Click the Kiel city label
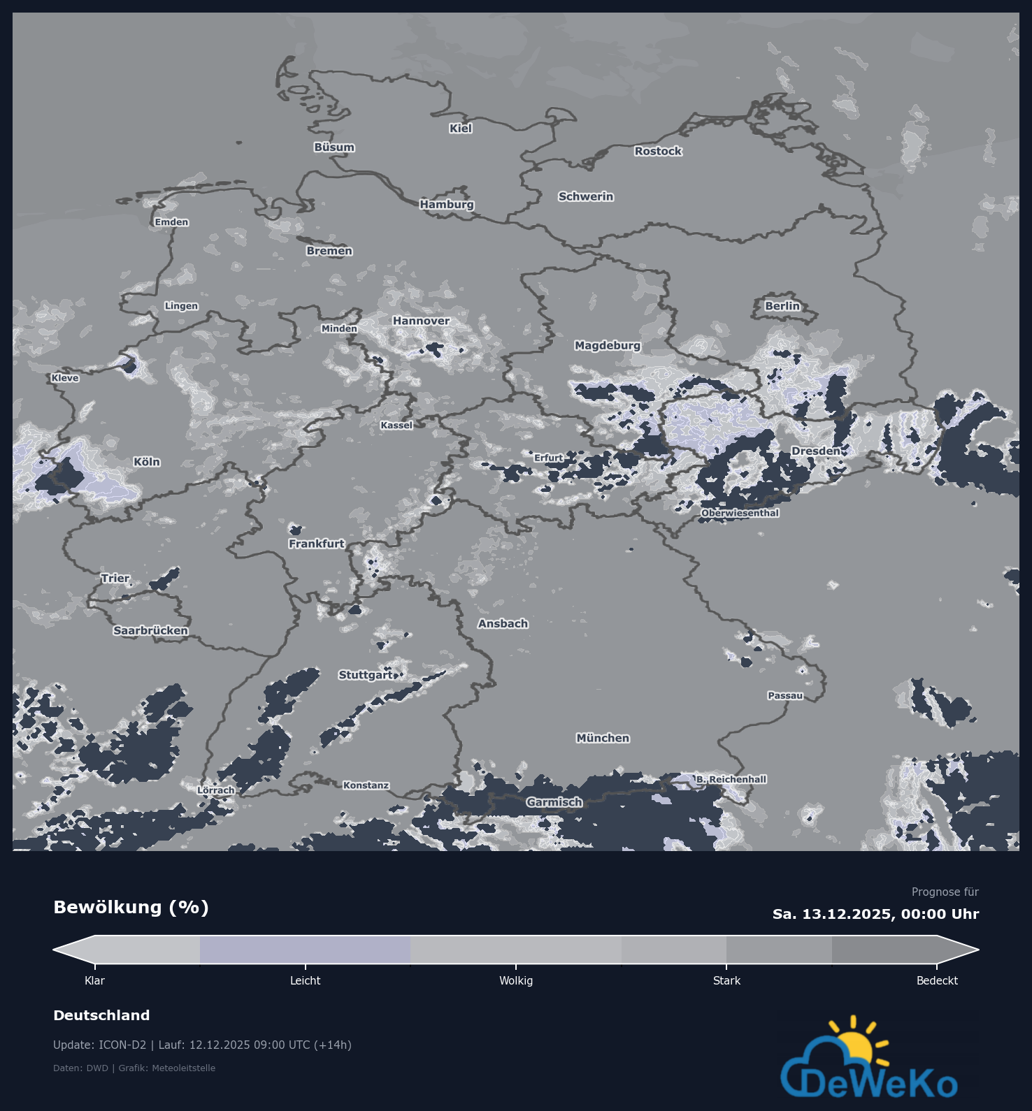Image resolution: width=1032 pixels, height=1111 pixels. pyautogui.click(x=461, y=129)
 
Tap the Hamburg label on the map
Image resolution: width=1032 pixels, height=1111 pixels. pyautogui.click(x=447, y=205)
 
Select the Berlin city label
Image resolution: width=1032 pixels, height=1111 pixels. pyautogui.click(x=782, y=306)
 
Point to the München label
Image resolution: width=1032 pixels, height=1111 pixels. pyautogui.click(x=603, y=739)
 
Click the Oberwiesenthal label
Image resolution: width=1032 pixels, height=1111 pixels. pyautogui.click(x=740, y=514)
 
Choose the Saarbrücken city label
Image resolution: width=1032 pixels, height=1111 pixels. pyautogui.click(x=151, y=631)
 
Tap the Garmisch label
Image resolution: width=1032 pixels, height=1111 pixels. pyautogui.click(x=554, y=803)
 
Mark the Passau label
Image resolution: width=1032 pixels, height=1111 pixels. pyautogui.click(x=785, y=696)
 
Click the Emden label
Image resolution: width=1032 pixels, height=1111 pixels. pyautogui.click(x=172, y=222)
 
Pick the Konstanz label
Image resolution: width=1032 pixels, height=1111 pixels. pyautogui.click(x=366, y=785)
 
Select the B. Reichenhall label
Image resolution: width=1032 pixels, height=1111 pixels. pyautogui.click(x=731, y=780)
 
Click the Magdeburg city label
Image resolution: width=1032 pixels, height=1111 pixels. pyautogui.click(x=608, y=346)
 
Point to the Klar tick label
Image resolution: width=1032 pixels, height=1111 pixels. pyautogui.click(x=94, y=981)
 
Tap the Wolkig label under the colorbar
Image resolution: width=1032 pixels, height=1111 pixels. pyautogui.click(x=516, y=981)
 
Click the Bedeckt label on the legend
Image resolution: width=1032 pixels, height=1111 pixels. pyautogui.click(x=937, y=981)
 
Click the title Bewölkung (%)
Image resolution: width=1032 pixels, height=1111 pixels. pyautogui.click(x=131, y=908)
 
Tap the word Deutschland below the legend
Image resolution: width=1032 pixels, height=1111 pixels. pyautogui.click(x=101, y=1016)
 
